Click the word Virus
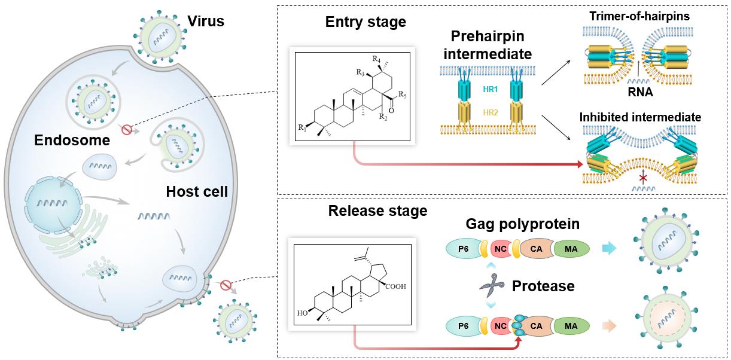tap(206, 21)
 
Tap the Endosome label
tap(72, 140)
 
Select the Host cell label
tap(197, 191)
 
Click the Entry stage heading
tap(365, 22)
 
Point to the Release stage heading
tap(377, 210)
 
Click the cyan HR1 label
tap(490, 89)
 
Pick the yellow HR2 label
tap(490, 113)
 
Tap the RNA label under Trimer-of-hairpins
tap(640, 92)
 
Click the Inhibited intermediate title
tap(640, 117)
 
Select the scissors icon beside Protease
tap(492, 285)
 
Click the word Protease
tap(543, 286)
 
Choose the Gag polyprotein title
tap(522, 224)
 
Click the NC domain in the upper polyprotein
tap(501, 249)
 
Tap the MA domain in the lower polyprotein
tap(571, 326)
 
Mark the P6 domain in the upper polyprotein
tap(464, 249)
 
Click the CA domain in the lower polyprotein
tap(536, 326)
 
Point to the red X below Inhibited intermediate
tap(643, 178)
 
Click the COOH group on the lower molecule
tap(396, 286)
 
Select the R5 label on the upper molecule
tap(403, 96)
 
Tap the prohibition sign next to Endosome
tap(127, 129)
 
